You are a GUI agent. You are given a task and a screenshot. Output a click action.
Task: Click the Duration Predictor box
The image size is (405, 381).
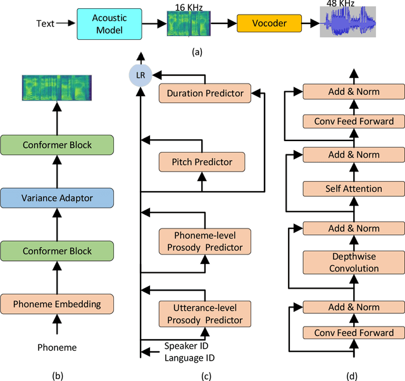coord(205,93)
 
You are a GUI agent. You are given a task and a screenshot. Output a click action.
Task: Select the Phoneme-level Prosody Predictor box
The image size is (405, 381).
coord(205,241)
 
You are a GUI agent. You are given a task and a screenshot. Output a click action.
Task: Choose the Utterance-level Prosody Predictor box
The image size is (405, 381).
coord(205,314)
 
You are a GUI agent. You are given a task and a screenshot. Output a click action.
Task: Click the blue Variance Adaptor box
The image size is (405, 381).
coord(58,197)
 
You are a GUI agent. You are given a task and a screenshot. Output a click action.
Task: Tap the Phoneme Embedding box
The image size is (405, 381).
coord(58,304)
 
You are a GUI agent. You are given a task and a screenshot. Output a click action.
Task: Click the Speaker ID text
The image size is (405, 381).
coord(187,346)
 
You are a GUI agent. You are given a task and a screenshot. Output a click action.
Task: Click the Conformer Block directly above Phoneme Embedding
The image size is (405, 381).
coord(58,251)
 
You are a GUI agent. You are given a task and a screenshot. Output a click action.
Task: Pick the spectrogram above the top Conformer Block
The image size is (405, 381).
coord(58,88)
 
